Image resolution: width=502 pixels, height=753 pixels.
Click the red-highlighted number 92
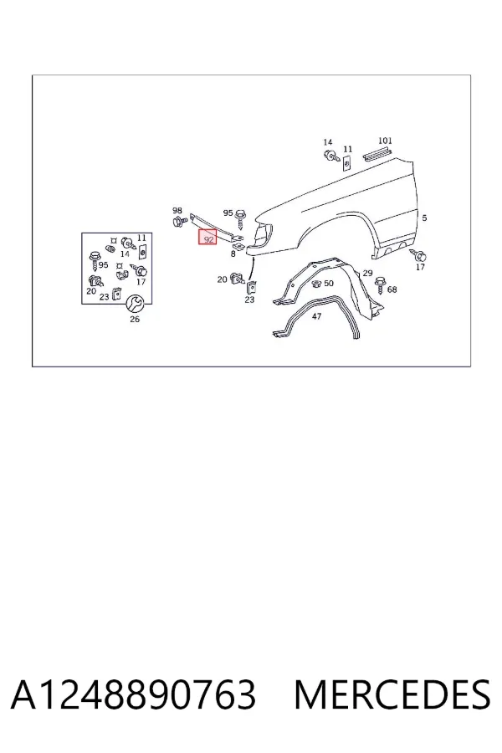click(208, 238)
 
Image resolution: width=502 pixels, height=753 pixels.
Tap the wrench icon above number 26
click(134, 304)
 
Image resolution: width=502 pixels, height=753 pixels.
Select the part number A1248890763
click(133, 694)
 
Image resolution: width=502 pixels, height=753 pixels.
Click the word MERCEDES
click(392, 694)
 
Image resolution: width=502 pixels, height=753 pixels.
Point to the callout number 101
click(385, 141)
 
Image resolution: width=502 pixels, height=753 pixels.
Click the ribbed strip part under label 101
click(378, 154)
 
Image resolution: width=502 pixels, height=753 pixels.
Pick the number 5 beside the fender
click(424, 218)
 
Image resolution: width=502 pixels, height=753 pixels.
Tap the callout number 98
click(177, 210)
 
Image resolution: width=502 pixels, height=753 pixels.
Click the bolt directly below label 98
click(179, 222)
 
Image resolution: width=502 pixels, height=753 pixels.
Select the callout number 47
click(316, 316)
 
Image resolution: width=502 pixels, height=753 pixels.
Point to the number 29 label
click(367, 273)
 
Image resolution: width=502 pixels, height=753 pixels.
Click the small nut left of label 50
click(316, 284)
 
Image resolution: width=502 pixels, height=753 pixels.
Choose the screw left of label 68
click(380, 284)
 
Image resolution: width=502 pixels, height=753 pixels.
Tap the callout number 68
click(392, 289)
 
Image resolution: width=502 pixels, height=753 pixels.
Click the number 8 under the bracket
click(233, 254)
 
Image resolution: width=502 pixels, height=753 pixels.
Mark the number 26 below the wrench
click(135, 319)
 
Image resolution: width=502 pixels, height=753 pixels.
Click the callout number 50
click(329, 284)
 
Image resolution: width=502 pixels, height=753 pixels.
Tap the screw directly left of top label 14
click(330, 156)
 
